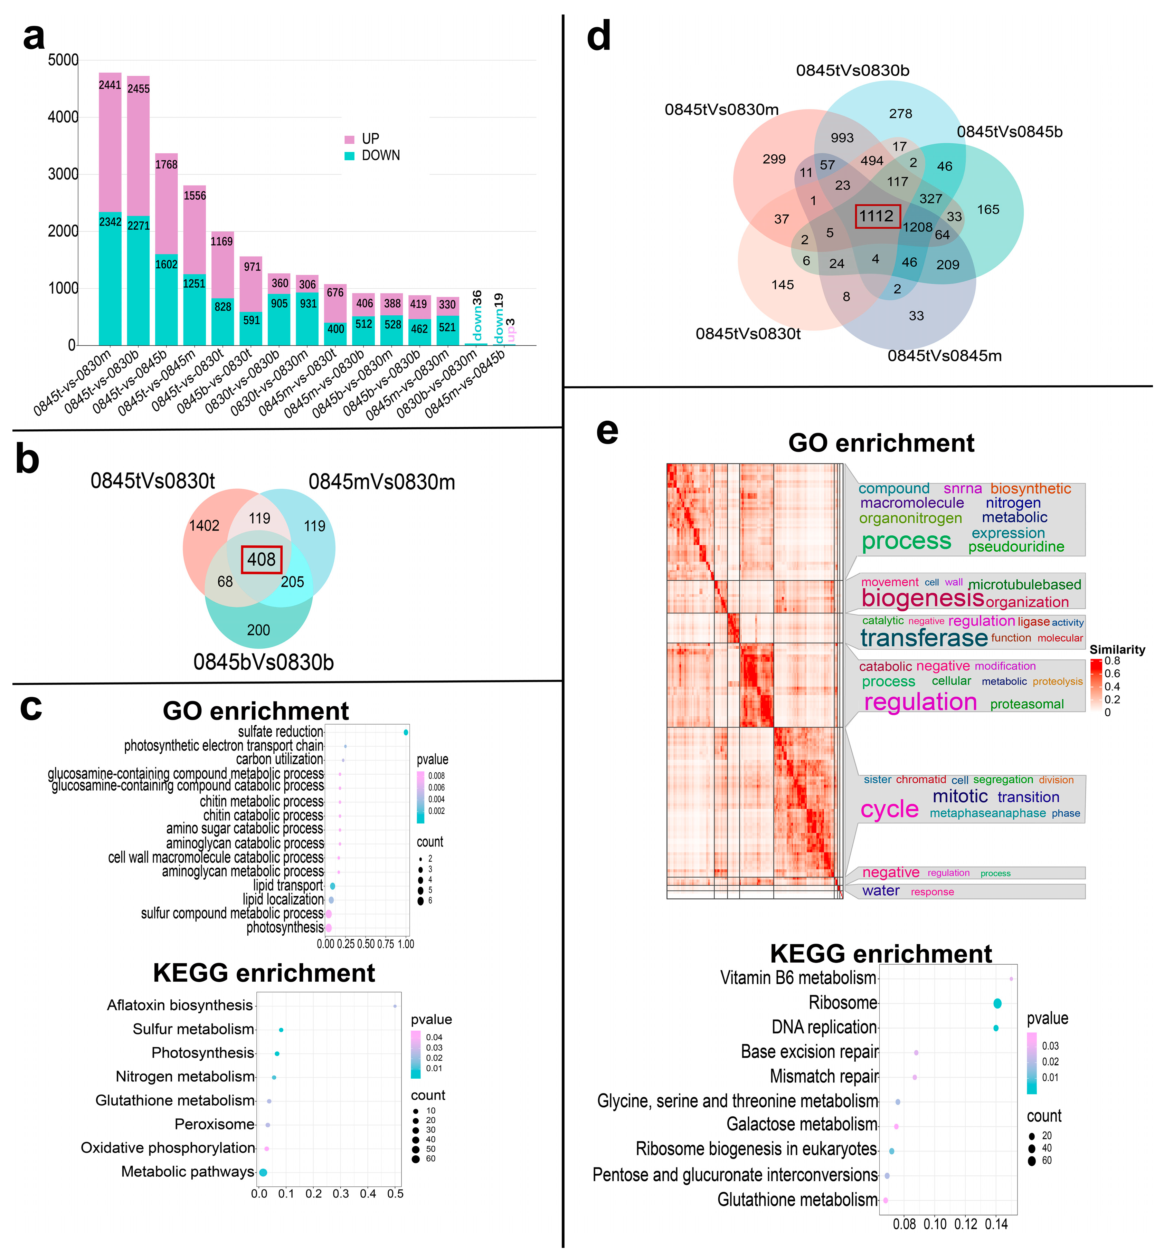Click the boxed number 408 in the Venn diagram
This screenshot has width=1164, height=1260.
pos(262,559)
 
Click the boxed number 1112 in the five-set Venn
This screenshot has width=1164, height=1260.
pos(877,216)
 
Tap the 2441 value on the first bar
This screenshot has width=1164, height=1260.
pos(110,85)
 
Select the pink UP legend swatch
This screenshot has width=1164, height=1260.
pos(350,139)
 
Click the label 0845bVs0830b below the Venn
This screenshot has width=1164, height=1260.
pos(263,662)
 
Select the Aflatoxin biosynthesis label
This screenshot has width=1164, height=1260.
pos(180,1005)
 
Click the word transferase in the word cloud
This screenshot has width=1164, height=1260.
pos(924,638)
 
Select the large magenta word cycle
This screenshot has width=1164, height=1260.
pos(889,809)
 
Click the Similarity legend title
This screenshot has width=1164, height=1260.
pos(1117,649)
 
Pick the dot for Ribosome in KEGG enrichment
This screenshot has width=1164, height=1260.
pos(997,1003)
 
